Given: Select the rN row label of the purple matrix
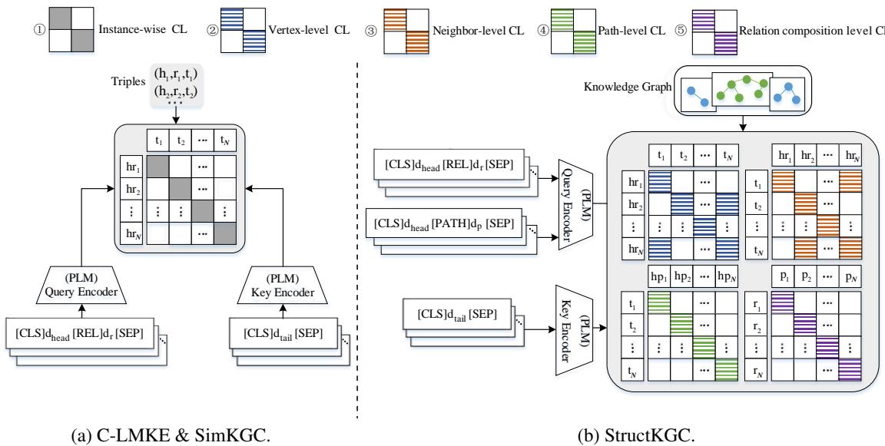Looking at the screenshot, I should point(757,375).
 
